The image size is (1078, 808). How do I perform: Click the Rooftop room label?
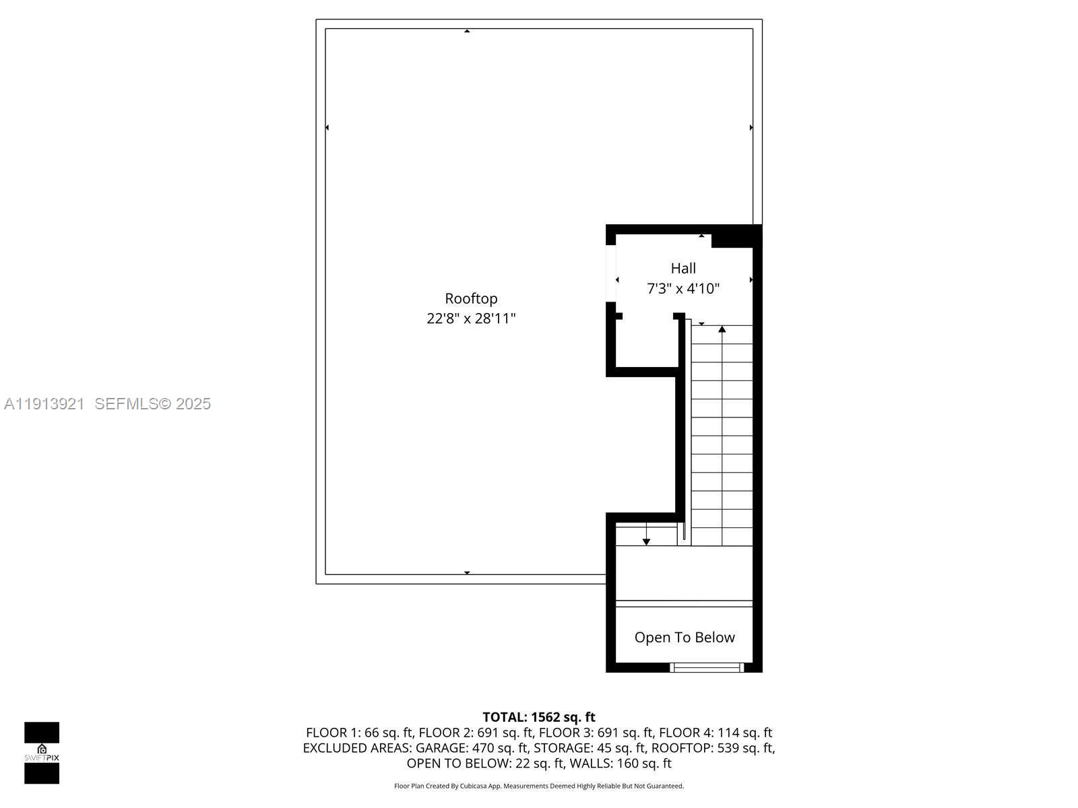tap(471, 298)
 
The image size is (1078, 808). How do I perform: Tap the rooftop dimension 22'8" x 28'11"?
tap(471, 318)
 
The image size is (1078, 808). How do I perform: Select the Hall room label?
tap(683, 268)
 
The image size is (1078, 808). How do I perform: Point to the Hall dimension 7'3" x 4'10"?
tap(683, 289)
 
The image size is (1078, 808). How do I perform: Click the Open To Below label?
tap(685, 637)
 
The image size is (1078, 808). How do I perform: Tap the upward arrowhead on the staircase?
tap(722, 329)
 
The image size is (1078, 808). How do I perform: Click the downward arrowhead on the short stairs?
tap(646, 541)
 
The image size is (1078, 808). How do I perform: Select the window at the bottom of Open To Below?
tap(707, 667)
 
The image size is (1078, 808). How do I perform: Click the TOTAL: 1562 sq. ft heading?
tap(539, 717)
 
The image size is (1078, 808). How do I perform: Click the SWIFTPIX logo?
tap(42, 753)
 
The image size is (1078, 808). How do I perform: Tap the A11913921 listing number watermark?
tap(44, 403)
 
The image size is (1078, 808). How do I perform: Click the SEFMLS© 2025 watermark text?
tap(153, 403)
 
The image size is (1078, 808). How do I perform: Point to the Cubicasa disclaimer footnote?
tap(539, 786)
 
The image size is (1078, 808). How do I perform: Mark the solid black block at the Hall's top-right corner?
tap(736, 236)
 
